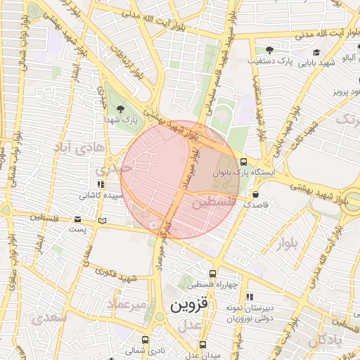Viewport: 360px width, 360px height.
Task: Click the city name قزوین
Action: [x=190, y=306]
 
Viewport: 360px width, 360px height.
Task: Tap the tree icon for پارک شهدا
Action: [x=122, y=109]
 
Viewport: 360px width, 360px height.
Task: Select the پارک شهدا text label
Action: [x=122, y=121]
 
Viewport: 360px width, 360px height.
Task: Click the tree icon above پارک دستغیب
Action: [x=269, y=49]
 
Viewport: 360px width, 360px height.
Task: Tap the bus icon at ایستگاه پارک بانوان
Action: [x=243, y=160]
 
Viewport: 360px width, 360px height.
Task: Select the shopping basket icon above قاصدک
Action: [x=255, y=193]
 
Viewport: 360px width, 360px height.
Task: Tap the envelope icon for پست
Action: [x=78, y=219]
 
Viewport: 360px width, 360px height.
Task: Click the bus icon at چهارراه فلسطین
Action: [x=212, y=274]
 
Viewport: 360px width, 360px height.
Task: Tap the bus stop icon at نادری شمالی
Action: [x=145, y=339]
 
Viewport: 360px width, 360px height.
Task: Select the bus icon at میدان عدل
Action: [x=203, y=345]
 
